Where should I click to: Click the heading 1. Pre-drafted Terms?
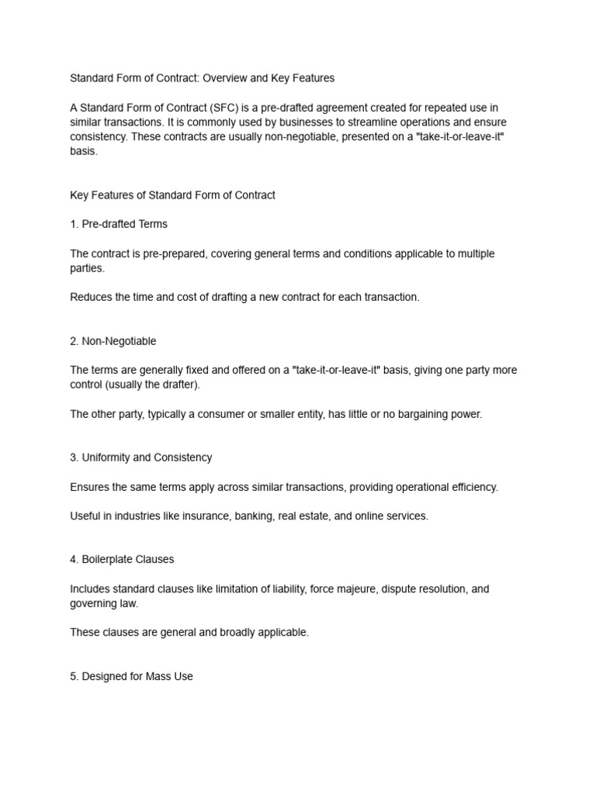[119, 224]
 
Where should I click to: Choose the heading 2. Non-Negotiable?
[113, 341]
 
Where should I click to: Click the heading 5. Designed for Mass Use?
[131, 676]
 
